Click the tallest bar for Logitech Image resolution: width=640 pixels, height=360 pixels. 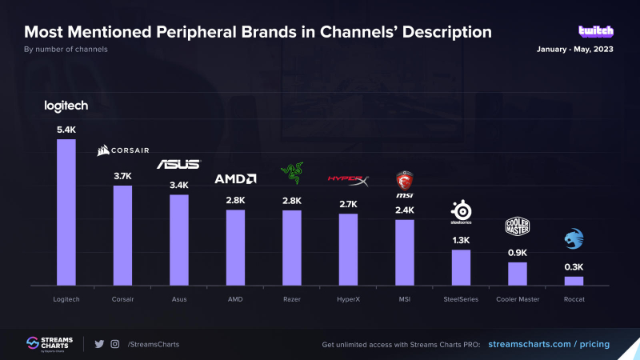point(66,212)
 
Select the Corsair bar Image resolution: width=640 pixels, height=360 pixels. point(122,235)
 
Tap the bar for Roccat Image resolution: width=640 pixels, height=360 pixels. point(574,281)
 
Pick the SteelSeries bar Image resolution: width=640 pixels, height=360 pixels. point(461,267)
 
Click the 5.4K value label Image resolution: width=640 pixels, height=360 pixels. point(66,128)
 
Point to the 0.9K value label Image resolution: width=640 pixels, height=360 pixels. point(518,253)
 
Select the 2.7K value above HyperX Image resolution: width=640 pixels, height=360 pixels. point(348,204)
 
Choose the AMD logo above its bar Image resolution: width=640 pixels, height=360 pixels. point(235,179)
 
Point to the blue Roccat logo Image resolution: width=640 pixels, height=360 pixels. point(574,238)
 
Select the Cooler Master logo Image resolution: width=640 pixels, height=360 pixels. point(518,227)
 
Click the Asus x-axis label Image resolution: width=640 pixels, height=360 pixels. point(178,299)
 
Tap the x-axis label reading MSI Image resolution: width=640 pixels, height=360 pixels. point(405,299)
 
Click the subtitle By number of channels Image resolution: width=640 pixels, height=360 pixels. point(66,50)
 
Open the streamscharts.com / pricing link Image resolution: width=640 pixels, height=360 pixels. point(548,344)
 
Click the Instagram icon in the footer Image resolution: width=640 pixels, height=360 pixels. point(115,344)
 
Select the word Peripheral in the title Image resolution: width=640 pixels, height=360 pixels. point(208,32)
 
